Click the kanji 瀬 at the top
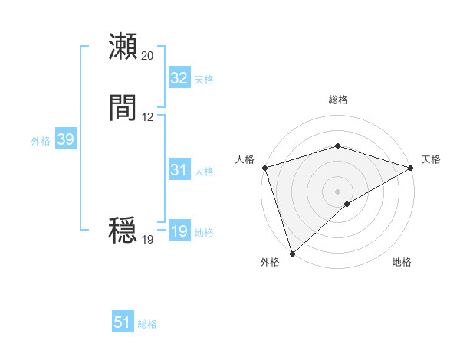coord(123,47)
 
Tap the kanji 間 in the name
coord(123,109)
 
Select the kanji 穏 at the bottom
coord(123,231)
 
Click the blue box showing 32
coord(179,78)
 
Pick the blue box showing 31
coord(179,170)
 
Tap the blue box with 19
coord(179,231)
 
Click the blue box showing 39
coord(65,139)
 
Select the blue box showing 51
coord(123,322)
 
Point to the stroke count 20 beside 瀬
coord(148,56)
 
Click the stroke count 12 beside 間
coord(148,117)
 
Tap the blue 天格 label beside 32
coord(204,79)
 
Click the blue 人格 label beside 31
coord(204,172)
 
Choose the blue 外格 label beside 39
coord(41,141)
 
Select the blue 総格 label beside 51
coord(147,324)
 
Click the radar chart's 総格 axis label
coord(338,100)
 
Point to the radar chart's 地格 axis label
coord(402,263)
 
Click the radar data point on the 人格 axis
coord(265,168)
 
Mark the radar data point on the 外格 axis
coord(292,253)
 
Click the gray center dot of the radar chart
coord(337,191)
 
